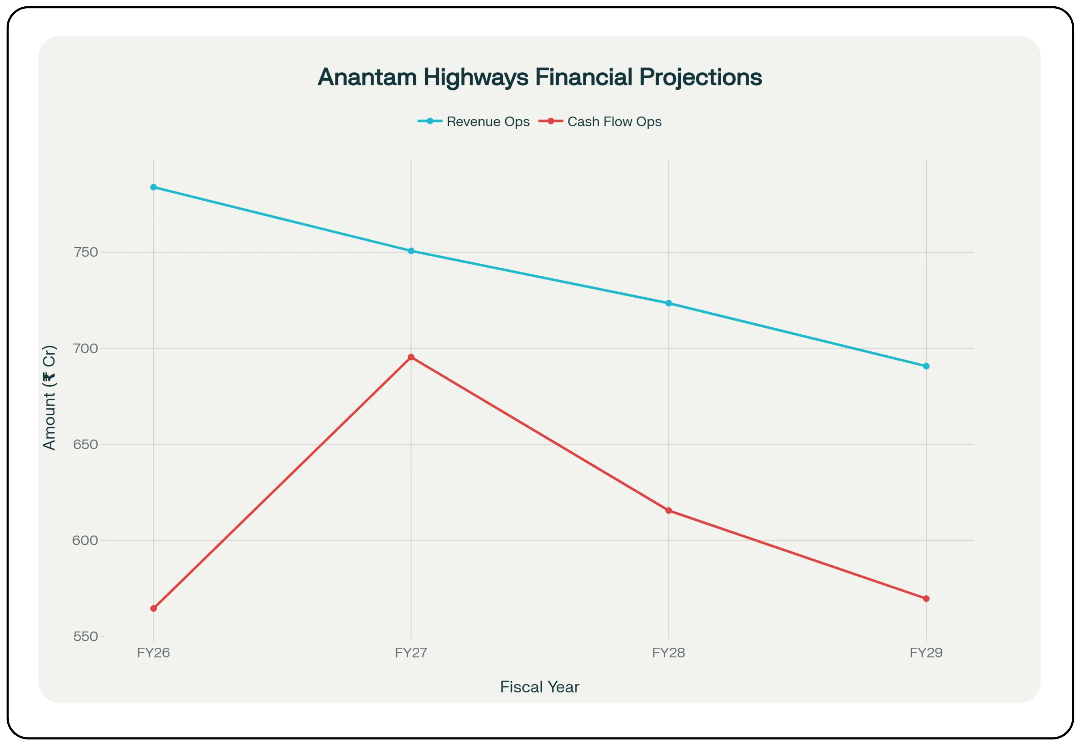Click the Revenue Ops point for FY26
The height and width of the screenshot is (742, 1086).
coord(154,187)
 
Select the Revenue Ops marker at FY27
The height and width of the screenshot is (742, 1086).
coord(411,251)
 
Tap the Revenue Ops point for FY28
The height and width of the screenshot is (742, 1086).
coord(669,303)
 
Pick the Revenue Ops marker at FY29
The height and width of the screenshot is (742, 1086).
coord(926,366)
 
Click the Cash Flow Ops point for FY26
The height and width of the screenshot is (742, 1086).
coord(154,608)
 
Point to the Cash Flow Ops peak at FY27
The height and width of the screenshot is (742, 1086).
coord(411,357)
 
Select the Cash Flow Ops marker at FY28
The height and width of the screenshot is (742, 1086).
coord(669,511)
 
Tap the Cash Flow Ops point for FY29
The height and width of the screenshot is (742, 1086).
coord(926,598)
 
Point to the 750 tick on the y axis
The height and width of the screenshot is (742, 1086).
coord(86,252)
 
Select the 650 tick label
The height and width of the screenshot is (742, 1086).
coord(86,444)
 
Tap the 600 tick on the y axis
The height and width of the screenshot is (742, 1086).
coord(86,541)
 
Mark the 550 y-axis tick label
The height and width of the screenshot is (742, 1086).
coord(86,636)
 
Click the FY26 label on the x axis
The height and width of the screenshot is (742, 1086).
coord(154,653)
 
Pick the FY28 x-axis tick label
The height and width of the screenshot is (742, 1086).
coord(669,653)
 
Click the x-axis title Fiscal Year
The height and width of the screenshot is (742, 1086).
coord(540,687)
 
